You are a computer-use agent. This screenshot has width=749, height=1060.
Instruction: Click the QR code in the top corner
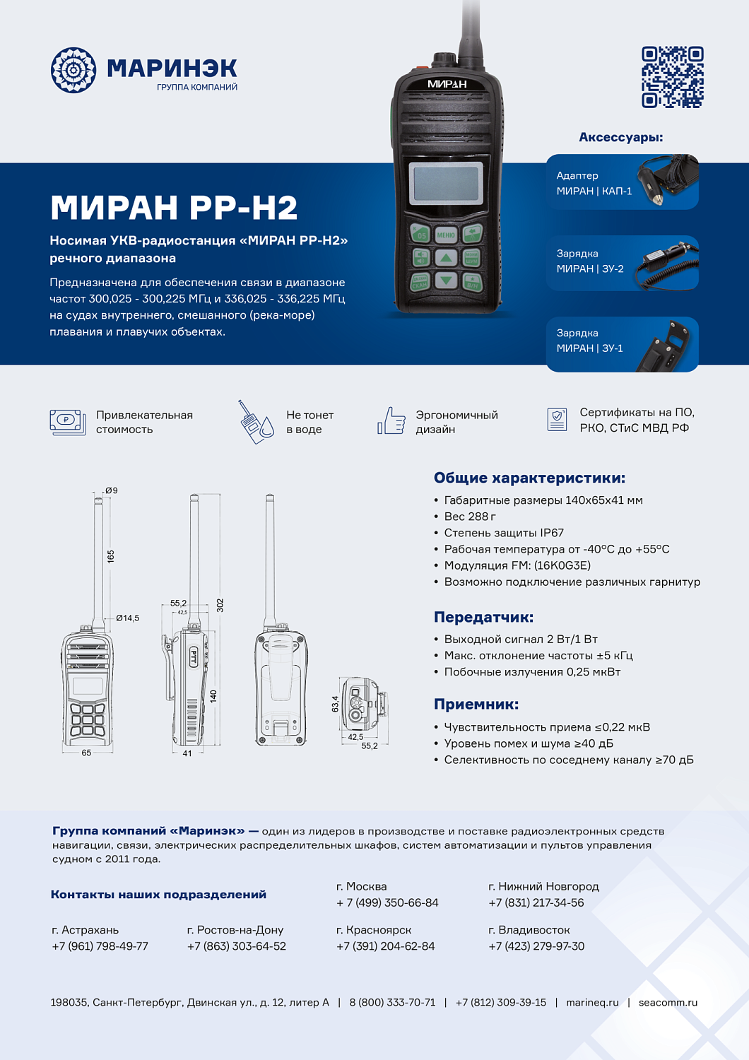672,77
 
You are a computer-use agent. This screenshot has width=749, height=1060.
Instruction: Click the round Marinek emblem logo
73,70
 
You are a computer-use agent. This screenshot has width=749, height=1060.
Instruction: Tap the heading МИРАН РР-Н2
174,208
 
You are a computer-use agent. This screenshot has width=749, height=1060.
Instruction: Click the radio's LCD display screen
446,183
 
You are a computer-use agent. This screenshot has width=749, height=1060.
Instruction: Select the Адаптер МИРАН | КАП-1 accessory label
594,183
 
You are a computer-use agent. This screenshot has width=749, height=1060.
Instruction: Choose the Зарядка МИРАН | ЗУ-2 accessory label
589,261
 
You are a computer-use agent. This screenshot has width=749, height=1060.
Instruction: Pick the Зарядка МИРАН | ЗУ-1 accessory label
589,341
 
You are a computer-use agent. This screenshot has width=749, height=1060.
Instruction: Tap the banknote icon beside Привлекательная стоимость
67,422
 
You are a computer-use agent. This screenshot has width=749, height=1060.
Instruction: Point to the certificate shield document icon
557,419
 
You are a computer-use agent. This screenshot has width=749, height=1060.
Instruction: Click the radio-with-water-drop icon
255,423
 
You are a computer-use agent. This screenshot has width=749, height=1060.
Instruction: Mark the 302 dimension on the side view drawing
220,605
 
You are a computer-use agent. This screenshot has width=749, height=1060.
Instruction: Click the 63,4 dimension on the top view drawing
335,703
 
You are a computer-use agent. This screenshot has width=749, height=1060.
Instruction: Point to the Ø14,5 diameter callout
127,618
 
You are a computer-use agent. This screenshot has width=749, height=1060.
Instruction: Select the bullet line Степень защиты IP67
503,533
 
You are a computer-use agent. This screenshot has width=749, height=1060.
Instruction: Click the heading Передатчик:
483,617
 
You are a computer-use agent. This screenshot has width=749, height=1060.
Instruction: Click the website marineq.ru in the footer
592,1002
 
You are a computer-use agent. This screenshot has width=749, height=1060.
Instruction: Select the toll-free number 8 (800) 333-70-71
392,1002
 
